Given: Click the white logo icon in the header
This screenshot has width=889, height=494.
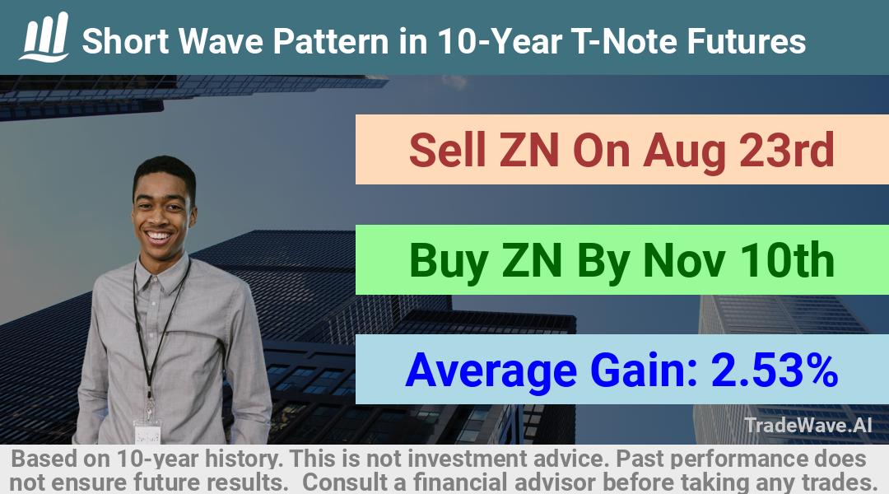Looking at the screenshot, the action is [x=44, y=37].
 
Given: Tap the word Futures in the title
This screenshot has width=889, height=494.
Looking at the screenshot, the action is [x=746, y=41].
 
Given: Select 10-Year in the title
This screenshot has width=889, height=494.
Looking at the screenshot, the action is [x=500, y=41].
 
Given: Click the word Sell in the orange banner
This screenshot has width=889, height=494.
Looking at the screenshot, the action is [x=447, y=151].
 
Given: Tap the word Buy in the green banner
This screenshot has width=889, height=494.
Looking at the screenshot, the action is [x=449, y=262].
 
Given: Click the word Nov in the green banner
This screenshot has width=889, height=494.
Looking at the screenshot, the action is [x=684, y=262].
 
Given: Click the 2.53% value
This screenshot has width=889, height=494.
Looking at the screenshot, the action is [x=775, y=370].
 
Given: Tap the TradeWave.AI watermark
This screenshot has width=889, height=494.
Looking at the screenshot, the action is [x=808, y=425].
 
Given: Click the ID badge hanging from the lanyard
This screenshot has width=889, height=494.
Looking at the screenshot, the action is [x=147, y=433].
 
